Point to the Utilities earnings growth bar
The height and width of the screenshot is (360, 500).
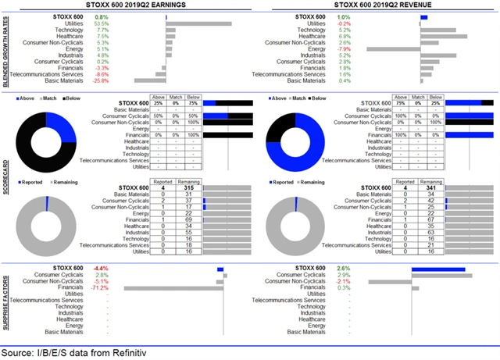(198, 23)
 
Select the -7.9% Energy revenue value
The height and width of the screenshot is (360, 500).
(342, 48)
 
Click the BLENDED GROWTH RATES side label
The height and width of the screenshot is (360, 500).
(7, 48)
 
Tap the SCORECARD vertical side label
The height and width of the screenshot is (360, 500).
(7, 180)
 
